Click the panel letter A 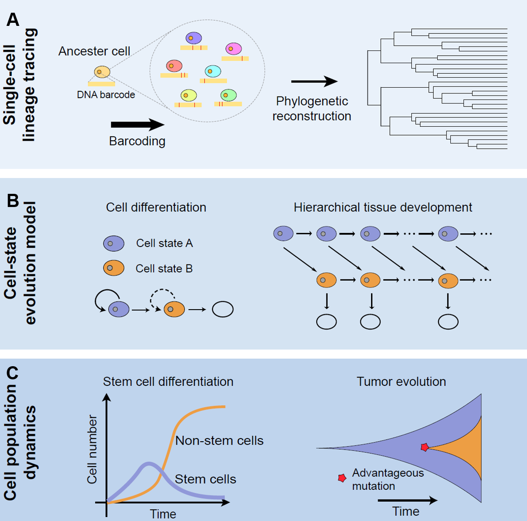coord(13,20)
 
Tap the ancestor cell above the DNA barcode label coord(102,72)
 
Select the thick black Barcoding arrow coord(138,125)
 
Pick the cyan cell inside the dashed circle coord(213,71)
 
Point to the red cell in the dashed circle coord(174,66)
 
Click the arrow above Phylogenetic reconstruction coord(314,81)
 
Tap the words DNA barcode coord(106,95)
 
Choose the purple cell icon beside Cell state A coord(113,243)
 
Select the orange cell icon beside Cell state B coord(113,268)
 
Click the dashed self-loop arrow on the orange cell coord(163,296)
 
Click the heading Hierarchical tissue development coord(383,207)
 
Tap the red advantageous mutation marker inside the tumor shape coord(424,447)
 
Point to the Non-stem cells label coord(219,441)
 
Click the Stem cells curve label coord(205,479)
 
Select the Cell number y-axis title coord(92,450)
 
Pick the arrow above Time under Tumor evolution coord(407,500)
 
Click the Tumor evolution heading coord(401,382)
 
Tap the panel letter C coord(13,373)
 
